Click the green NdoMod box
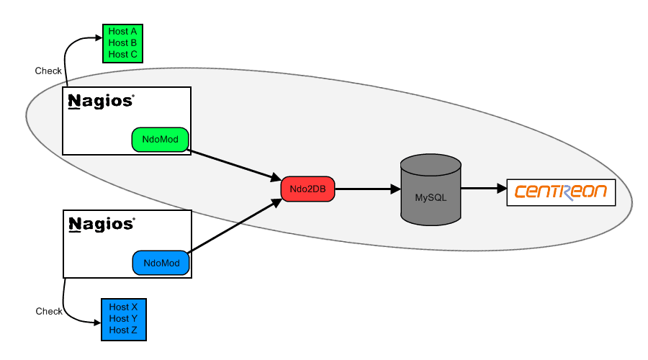pyautogui.click(x=160, y=140)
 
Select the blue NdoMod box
pyautogui.click(x=161, y=263)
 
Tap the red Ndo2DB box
pyautogui.click(x=307, y=189)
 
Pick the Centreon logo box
pyautogui.click(x=561, y=192)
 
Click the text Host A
pyautogui.click(x=122, y=32)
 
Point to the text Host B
pyautogui.click(x=122, y=43)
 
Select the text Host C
pyautogui.click(x=122, y=55)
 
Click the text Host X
pyautogui.click(x=123, y=307)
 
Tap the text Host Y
pyautogui.click(x=123, y=319)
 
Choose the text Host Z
pyautogui.click(x=123, y=330)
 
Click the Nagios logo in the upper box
pyautogui.click(x=101, y=101)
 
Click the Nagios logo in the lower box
pyautogui.click(x=101, y=224)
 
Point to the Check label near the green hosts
pyautogui.click(x=48, y=71)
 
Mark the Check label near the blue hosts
pyautogui.click(x=49, y=312)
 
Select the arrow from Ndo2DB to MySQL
pyautogui.click(x=367, y=189)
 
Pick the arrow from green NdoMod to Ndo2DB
pyautogui.click(x=234, y=165)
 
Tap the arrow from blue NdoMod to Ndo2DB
pyautogui.click(x=234, y=226)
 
